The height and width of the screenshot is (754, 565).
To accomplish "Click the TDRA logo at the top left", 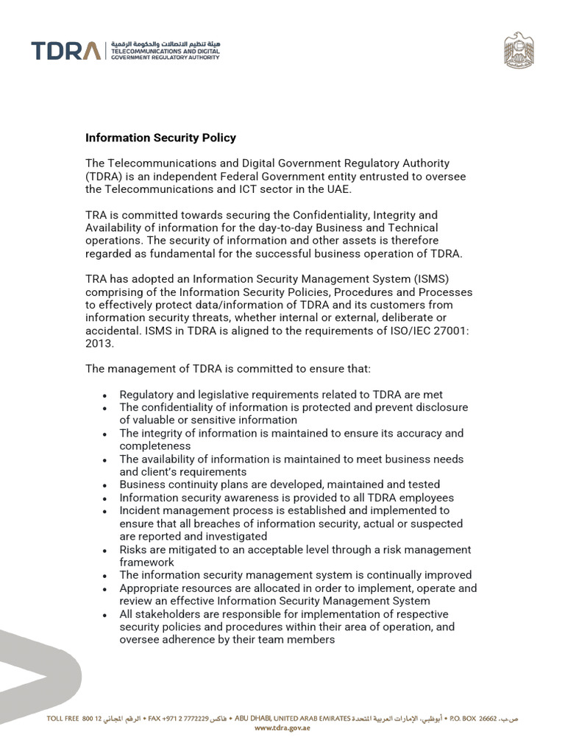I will coord(66,51).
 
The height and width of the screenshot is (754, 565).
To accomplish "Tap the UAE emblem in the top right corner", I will coord(519,52).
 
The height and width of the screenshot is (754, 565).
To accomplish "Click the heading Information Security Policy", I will coord(160,138).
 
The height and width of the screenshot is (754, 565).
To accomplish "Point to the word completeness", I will coord(155,446).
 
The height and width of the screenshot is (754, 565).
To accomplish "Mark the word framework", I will coord(147,562).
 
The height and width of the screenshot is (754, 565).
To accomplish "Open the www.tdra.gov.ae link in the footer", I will coord(282,727).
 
